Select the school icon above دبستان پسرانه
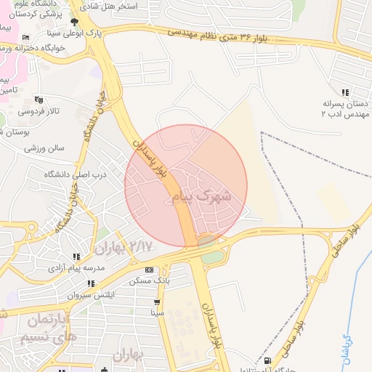pos(344,92)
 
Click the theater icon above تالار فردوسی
pos(39,100)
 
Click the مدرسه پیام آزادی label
pos(76,268)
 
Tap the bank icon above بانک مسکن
pos(149,270)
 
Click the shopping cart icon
pos(156,302)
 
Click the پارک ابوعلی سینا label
pos(113,33)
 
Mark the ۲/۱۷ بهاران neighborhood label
pos(124,247)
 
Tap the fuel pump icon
pos(268,360)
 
